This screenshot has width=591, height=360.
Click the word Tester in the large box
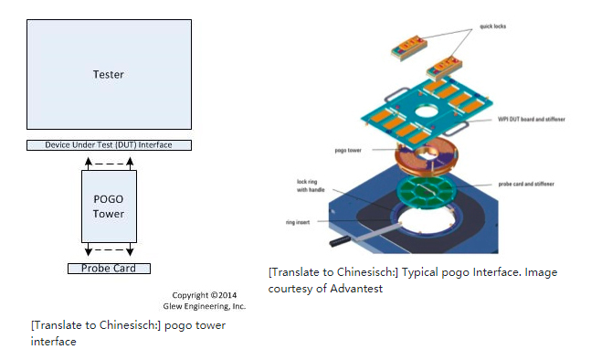coord(109,74)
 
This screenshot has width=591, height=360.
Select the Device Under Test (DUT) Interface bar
coord(109,145)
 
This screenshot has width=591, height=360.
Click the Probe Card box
coord(109,269)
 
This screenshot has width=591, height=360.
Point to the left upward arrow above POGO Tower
coord(89,164)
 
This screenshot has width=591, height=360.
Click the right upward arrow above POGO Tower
coord(130,164)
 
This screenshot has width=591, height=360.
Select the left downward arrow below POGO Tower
coord(89,250)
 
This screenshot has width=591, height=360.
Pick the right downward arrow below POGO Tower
coord(130,250)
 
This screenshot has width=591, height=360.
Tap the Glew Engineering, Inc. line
coord(211,306)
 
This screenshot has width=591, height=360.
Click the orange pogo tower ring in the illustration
coord(427,156)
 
